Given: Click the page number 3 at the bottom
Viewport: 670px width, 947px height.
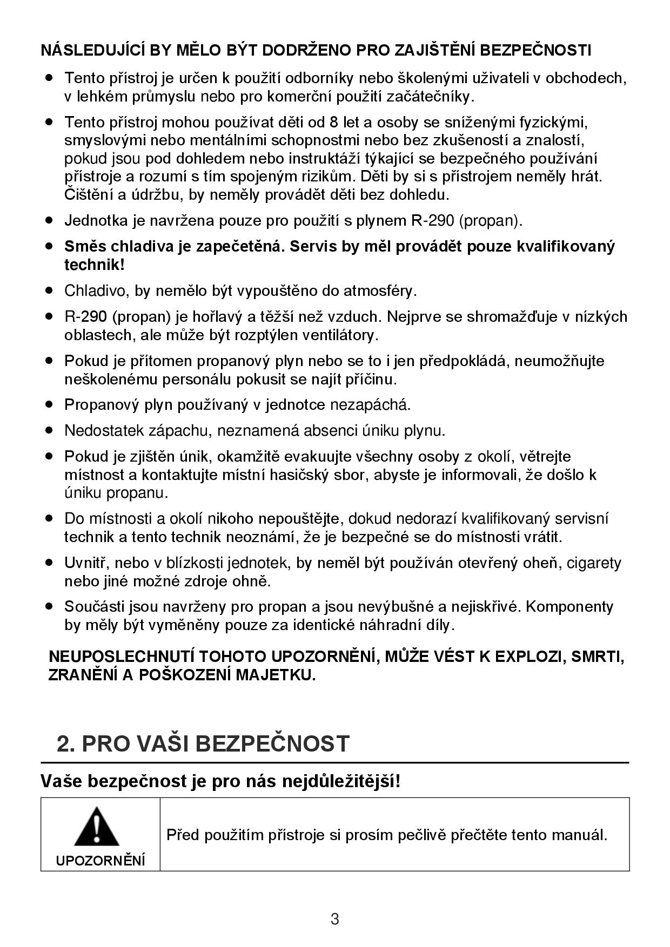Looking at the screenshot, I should [x=335, y=918].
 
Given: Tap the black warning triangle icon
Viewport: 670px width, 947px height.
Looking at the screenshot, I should [x=97, y=827].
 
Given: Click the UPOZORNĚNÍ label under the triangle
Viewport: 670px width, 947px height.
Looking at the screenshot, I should [x=100, y=861].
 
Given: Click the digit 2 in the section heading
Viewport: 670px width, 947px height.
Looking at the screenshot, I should [x=63, y=744].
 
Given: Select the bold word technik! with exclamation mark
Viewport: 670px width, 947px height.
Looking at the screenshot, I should [x=95, y=265].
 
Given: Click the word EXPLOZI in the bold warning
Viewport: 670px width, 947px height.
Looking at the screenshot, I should [x=530, y=657].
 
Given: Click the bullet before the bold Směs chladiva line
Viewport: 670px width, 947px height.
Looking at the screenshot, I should [x=50, y=246].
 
